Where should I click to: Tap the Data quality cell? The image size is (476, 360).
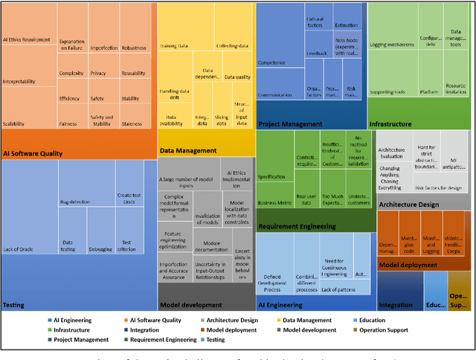(238, 77)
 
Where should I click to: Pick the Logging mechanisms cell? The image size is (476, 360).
(391, 46)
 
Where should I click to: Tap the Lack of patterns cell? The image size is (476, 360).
(338, 289)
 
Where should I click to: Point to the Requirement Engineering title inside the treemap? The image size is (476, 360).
(297, 226)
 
